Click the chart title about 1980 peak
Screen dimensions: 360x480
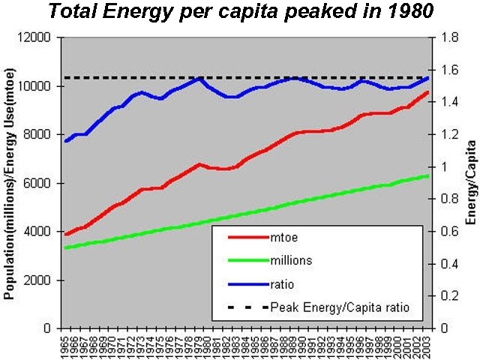[242, 13]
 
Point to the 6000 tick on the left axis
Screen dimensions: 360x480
[37, 183]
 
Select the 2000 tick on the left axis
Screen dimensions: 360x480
[37, 280]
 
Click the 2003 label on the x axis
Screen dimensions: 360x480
[427, 344]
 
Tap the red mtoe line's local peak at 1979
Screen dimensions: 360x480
[199, 163]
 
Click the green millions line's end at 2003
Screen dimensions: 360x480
[427, 175]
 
